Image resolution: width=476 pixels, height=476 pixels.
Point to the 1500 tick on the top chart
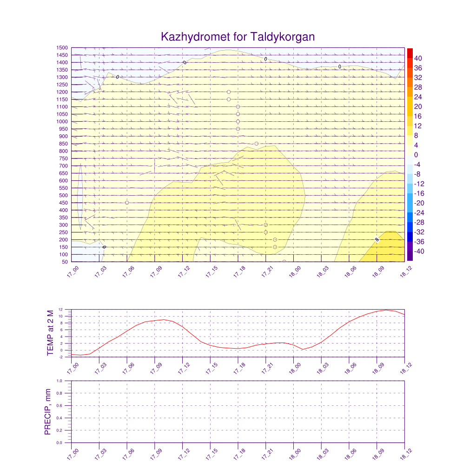point(62,48)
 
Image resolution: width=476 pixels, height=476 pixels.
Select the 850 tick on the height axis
point(63,144)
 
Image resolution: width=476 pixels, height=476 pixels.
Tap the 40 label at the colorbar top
point(418,58)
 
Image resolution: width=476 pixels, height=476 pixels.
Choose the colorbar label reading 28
point(418,87)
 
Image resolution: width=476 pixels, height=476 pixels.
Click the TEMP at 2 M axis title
point(51,333)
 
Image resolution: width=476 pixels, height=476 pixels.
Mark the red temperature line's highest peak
point(387,310)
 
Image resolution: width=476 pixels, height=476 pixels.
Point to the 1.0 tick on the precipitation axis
point(60,381)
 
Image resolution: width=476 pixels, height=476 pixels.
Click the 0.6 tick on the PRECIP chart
point(60,406)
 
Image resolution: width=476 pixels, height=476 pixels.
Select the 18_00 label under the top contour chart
point(291,271)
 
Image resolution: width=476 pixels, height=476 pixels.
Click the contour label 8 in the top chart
point(377,239)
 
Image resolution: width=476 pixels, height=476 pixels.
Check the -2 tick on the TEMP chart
point(61,357)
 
